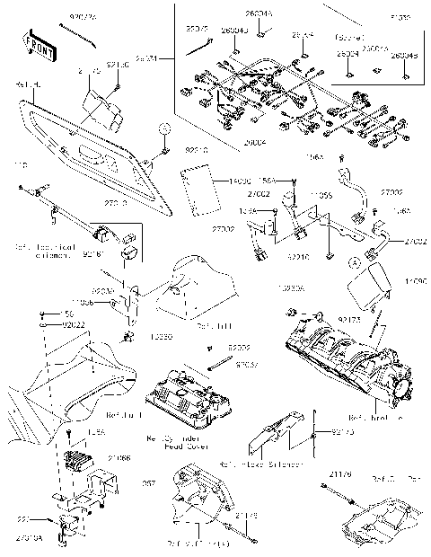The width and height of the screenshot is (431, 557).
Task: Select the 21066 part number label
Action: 119,457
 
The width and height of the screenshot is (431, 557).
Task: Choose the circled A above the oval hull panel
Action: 165,127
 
